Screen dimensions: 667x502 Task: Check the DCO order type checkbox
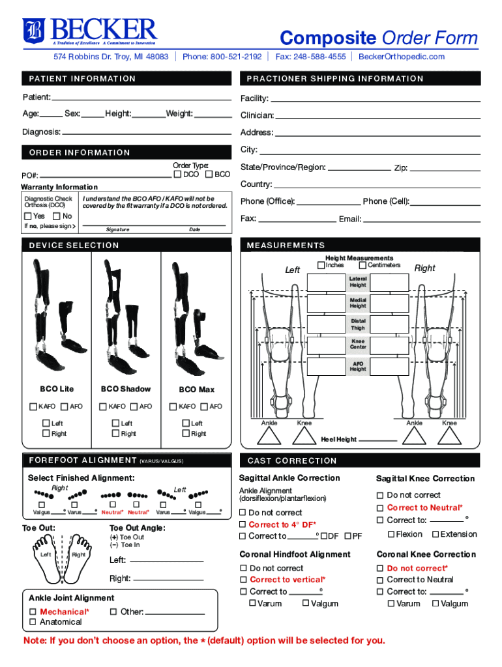(177, 175)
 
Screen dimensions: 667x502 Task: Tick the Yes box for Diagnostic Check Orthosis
(27, 216)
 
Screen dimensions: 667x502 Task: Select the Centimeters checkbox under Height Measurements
(362, 265)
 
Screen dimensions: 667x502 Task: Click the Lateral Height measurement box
(325, 282)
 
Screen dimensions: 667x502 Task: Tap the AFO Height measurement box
(325, 366)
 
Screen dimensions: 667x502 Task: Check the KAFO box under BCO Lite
(33, 406)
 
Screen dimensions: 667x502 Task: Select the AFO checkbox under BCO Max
(203, 406)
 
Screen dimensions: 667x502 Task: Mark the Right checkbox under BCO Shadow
(115, 433)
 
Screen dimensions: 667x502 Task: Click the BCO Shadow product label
(126, 390)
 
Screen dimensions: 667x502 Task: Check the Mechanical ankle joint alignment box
(33, 612)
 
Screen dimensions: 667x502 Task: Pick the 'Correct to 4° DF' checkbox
(243, 524)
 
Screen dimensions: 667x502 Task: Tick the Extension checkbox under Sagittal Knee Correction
(436, 534)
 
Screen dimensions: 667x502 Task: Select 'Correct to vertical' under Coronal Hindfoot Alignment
(244, 580)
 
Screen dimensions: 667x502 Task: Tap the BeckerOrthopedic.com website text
(401, 57)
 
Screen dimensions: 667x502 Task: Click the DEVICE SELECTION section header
(74, 246)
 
